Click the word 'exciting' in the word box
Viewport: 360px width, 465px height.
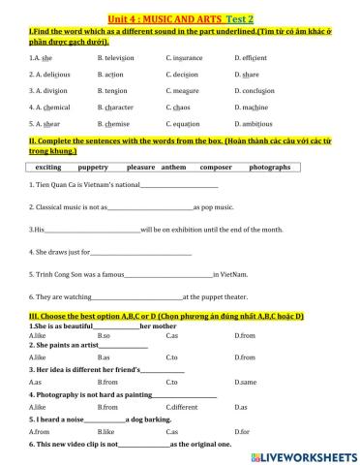click(x=48, y=167)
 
